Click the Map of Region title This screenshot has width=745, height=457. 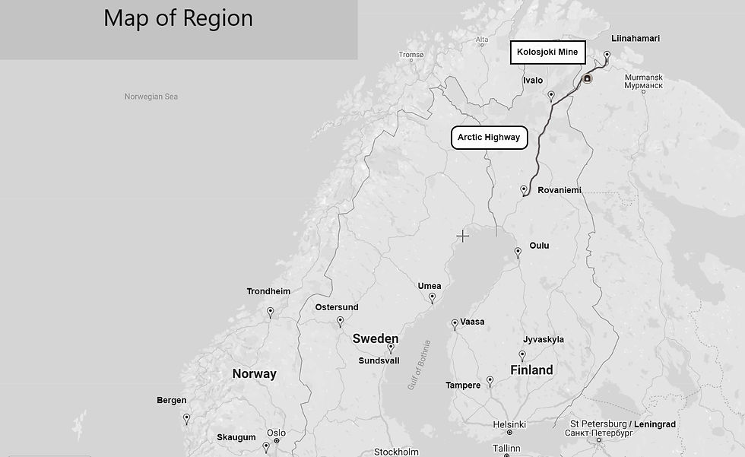point(178,18)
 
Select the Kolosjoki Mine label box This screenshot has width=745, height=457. point(547,52)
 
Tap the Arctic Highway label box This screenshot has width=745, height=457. point(489,138)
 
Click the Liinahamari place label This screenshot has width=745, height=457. point(636,38)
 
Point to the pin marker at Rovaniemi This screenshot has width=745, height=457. point(524,189)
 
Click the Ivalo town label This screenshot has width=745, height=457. point(533,81)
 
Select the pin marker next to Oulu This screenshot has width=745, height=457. point(518,252)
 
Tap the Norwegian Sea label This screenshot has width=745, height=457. point(151,97)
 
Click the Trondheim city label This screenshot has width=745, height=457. point(268,291)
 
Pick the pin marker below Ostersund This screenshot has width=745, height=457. point(340,322)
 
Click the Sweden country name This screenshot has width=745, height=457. point(376,338)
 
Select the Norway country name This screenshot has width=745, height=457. point(254,373)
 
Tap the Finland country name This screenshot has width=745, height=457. point(531,370)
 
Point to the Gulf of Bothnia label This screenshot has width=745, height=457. point(419,365)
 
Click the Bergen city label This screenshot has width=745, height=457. point(172,401)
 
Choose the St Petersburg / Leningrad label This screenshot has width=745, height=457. point(623,424)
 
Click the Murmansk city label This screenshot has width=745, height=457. point(643,78)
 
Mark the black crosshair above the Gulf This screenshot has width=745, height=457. point(462,236)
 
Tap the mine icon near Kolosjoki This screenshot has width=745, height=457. point(587,78)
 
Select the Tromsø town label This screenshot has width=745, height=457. point(411,55)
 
